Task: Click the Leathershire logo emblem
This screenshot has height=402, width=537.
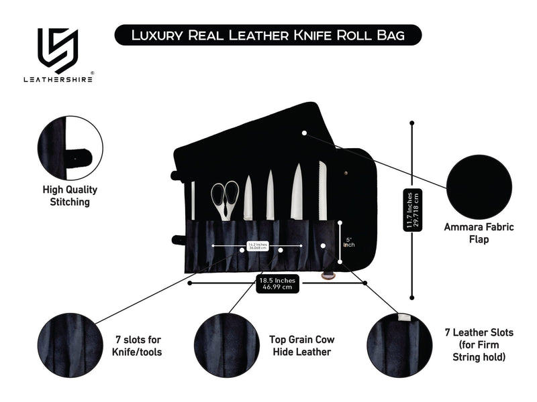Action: click(58, 50)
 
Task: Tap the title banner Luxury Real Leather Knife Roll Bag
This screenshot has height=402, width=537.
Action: click(268, 35)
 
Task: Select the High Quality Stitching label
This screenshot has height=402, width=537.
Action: click(70, 196)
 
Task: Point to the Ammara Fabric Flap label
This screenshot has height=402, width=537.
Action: click(479, 232)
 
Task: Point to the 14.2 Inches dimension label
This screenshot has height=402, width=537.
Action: click(258, 247)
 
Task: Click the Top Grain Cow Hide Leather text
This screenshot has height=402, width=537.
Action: click(300, 346)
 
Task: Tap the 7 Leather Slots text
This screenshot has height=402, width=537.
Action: click(478, 344)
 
